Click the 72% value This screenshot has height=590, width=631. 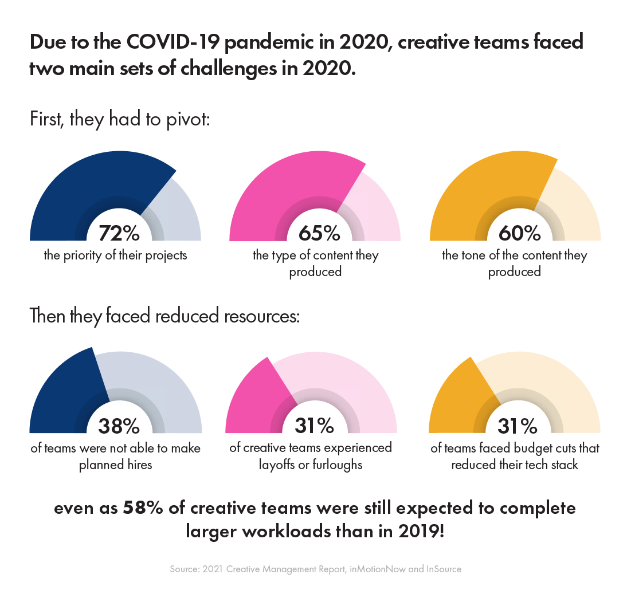(119, 233)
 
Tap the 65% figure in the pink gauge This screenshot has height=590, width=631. (319, 233)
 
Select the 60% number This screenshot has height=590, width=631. (519, 233)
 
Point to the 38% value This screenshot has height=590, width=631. (119, 426)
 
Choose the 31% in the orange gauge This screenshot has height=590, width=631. (517, 426)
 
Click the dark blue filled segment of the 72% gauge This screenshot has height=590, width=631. (86, 189)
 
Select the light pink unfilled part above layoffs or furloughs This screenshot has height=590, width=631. (344, 378)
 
